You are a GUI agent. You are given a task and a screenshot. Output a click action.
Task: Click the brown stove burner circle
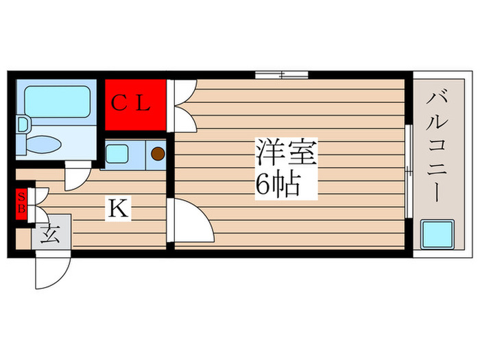158,154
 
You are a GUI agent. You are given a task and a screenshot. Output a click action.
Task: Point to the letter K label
117,208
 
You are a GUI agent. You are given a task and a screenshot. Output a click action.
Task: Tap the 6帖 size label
278,184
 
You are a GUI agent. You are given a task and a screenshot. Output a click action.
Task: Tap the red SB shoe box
21,204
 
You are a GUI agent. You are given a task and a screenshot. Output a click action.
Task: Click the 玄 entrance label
48,236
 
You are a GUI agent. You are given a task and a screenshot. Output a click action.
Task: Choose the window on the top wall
281,73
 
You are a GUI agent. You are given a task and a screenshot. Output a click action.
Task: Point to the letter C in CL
120,104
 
